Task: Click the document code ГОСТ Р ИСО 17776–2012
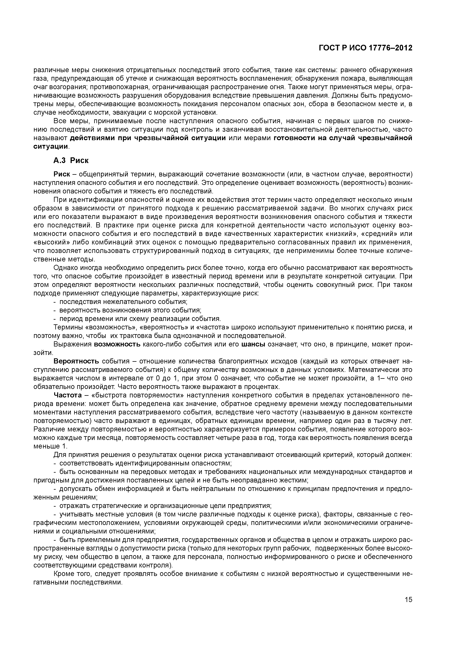pos(365,48)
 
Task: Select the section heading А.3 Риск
pos(71,161)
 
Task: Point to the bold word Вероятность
pos(76,361)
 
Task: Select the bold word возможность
pos(117,344)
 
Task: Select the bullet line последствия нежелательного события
pos(123,302)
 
